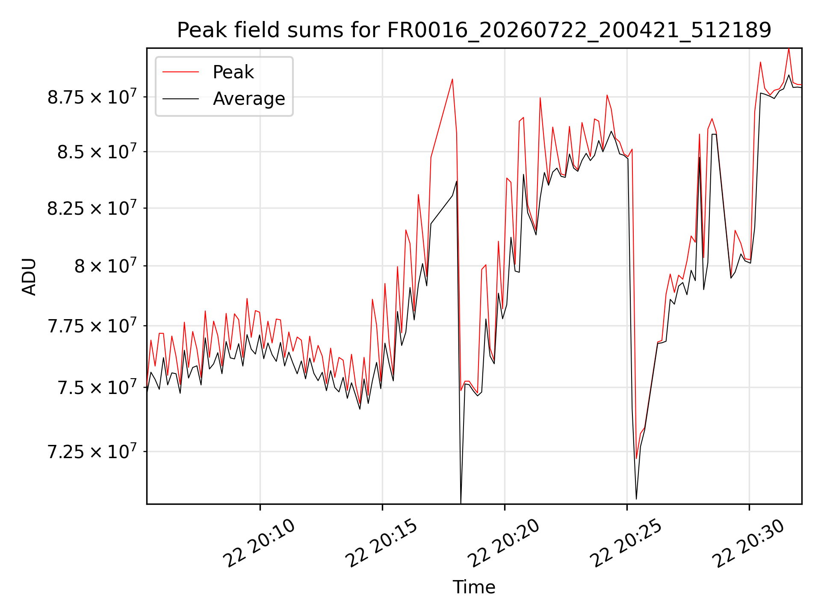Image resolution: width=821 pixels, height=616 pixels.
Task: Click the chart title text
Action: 474,30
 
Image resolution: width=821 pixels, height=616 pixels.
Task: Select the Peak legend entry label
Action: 233,72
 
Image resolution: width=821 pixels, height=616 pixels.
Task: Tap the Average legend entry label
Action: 249,99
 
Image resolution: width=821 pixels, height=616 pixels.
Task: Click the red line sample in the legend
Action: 180,72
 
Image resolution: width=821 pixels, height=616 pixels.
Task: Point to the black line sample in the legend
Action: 180,99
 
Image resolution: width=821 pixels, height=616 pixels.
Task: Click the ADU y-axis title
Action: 29,276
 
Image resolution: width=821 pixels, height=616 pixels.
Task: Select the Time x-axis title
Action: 474,587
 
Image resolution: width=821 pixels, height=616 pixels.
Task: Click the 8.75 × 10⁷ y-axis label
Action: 92,97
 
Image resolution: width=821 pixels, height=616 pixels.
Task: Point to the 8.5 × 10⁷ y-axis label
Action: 97,151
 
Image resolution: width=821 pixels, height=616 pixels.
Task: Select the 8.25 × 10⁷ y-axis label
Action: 92,208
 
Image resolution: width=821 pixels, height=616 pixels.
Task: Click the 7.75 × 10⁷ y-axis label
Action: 92,326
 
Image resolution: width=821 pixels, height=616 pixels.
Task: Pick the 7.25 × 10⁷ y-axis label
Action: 92,451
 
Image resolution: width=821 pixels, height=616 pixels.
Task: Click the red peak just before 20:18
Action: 452,79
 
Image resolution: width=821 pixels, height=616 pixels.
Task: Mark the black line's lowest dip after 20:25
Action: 636,499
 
